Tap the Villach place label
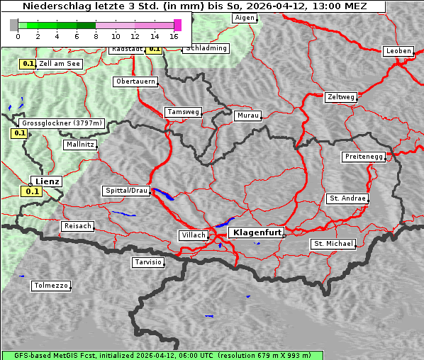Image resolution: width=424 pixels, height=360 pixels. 193,235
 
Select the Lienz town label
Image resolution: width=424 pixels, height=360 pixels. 48,181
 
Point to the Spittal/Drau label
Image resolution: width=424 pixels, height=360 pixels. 127,191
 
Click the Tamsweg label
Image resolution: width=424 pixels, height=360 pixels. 184,112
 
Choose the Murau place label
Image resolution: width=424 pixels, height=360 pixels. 248,115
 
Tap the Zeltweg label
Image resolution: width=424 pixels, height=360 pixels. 340,96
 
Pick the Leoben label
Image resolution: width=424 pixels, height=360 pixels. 398,51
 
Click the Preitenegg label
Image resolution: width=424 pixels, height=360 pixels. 364,157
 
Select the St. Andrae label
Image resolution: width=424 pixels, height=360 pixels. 347,198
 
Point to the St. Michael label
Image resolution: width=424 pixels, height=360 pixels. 333,244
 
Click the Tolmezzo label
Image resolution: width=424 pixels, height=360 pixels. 51,286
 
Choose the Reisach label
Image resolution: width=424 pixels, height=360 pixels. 78,226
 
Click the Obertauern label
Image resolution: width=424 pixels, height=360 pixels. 135,81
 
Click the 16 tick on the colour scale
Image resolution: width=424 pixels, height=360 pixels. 174,35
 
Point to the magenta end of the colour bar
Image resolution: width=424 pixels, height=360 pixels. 177,25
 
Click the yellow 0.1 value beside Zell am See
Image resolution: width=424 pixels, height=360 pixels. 28,64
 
